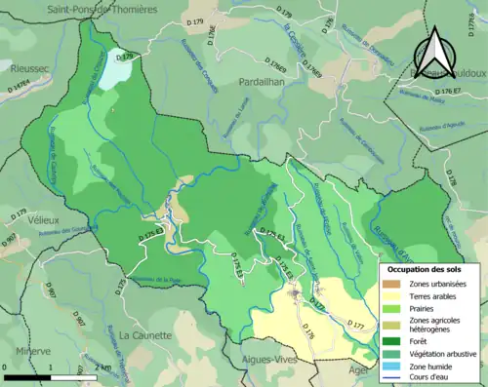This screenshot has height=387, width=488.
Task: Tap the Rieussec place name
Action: point(26,69)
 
